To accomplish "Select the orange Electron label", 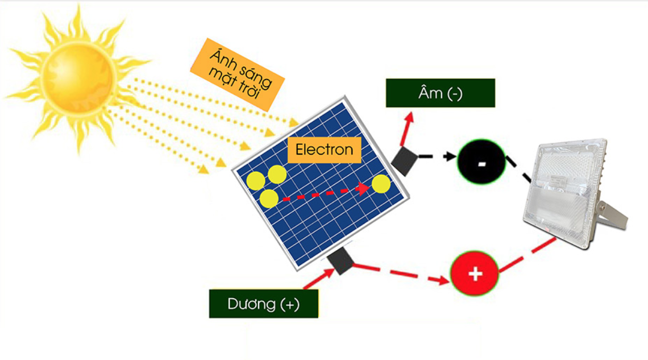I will [x=324, y=150].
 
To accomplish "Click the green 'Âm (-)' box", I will [x=440, y=93].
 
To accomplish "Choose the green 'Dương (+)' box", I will [x=263, y=304].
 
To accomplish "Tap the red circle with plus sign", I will [x=474, y=274].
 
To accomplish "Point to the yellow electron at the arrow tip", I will [x=381, y=184].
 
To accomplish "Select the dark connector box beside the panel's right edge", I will [x=404, y=161].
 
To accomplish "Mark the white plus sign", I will [x=475, y=275].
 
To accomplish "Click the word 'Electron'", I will [x=324, y=150].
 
